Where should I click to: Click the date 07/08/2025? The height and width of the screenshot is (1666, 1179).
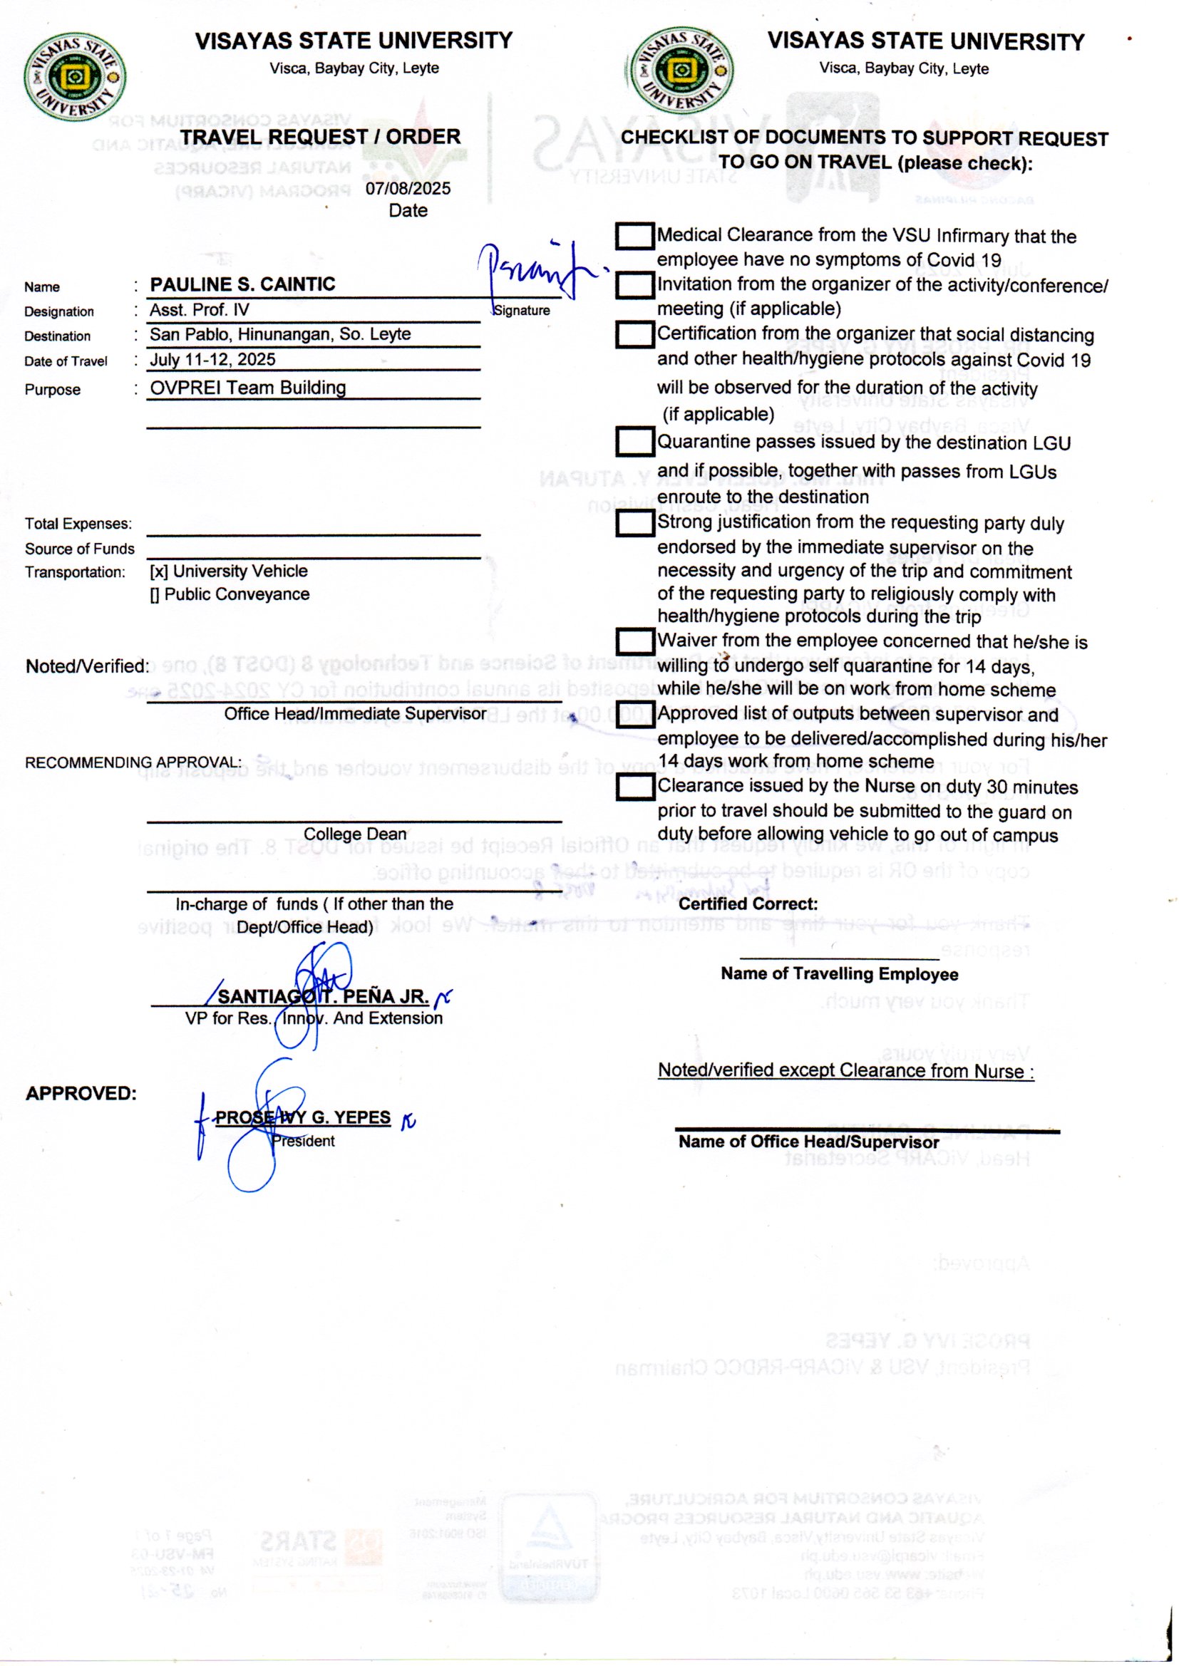(x=407, y=189)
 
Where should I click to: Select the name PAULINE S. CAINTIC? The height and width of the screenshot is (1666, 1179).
(x=242, y=284)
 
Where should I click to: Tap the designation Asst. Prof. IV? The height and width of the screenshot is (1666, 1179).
(x=199, y=311)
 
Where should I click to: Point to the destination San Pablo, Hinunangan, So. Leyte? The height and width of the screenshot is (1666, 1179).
(x=279, y=334)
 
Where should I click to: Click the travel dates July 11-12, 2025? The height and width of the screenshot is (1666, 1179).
(x=212, y=360)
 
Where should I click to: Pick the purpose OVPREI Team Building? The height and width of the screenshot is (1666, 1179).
(x=247, y=388)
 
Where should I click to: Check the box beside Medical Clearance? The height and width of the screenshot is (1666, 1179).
(x=634, y=236)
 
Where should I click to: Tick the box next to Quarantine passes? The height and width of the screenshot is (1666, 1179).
(x=634, y=442)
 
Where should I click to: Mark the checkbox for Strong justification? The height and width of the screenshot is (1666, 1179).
(x=634, y=523)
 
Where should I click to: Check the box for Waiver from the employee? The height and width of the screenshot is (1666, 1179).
(x=634, y=641)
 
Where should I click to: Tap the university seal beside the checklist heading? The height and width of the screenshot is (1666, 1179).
(x=680, y=71)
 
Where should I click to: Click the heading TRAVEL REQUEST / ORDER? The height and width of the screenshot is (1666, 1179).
(x=320, y=137)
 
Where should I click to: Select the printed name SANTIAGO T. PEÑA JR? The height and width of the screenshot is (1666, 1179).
(x=323, y=997)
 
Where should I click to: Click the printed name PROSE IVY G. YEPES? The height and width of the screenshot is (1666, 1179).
(x=303, y=1118)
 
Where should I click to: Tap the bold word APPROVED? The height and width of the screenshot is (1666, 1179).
(x=81, y=1094)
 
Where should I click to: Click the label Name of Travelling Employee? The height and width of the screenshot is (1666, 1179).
(x=839, y=975)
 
